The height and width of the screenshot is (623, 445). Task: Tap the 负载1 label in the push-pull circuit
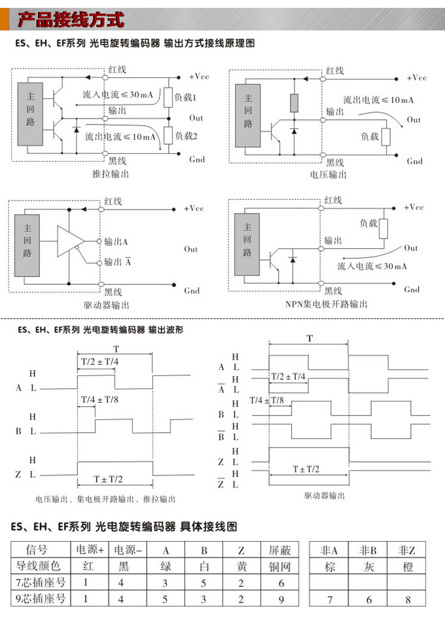(x=185, y=97)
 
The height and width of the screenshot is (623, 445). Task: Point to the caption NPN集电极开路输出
(x=326, y=304)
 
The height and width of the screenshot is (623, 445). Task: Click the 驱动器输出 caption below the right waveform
(x=324, y=495)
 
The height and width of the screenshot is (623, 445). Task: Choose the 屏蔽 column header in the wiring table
(x=280, y=549)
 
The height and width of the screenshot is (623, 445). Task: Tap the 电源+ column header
(x=91, y=549)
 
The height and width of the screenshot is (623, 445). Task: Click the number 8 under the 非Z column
(x=408, y=599)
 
